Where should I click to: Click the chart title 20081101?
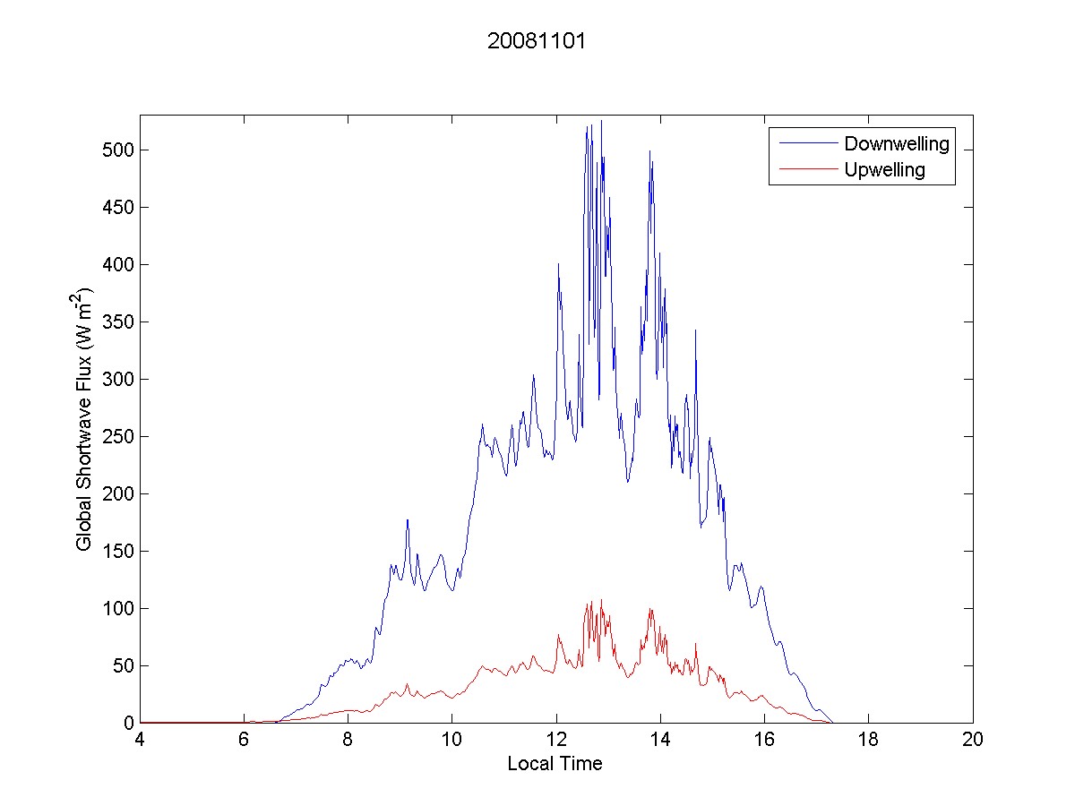[x=537, y=41]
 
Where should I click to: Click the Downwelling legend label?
[x=896, y=143]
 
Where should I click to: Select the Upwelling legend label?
[x=884, y=170]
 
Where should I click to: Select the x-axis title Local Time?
[x=555, y=764]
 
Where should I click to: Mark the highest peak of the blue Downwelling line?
[x=601, y=121]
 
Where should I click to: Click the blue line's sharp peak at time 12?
[x=558, y=264]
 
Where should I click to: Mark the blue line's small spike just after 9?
[x=408, y=519]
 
